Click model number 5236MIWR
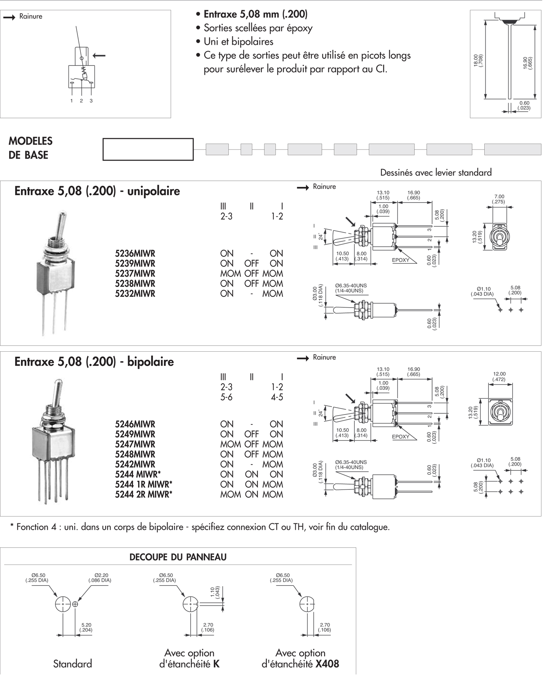click(x=135, y=254)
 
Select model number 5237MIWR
click(x=135, y=274)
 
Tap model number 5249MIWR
click(x=135, y=434)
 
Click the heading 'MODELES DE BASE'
click(x=30, y=148)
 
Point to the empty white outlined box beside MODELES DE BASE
click(x=148, y=149)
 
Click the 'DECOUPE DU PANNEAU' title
click(x=178, y=557)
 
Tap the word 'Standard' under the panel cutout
click(x=72, y=664)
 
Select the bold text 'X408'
click(x=327, y=664)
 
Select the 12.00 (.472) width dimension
click(x=499, y=376)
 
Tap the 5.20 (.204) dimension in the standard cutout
click(x=86, y=627)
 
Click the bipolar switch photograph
click(x=53, y=442)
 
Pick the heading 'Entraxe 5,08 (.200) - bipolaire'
click(x=94, y=362)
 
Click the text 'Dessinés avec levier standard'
click(x=436, y=172)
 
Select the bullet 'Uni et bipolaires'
click(x=238, y=41)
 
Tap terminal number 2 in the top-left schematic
click(x=81, y=101)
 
